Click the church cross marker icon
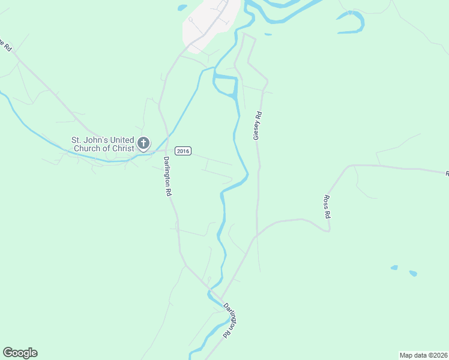[x=143, y=143]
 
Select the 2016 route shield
[x=182, y=151]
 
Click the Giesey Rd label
[x=258, y=125]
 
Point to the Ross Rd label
[x=328, y=206]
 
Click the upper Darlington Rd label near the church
[x=168, y=177]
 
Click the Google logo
[x=20, y=353]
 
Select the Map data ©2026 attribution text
[x=423, y=355]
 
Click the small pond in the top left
[x=182, y=8]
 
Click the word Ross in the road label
[x=327, y=201]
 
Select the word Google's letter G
[x=7, y=353]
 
